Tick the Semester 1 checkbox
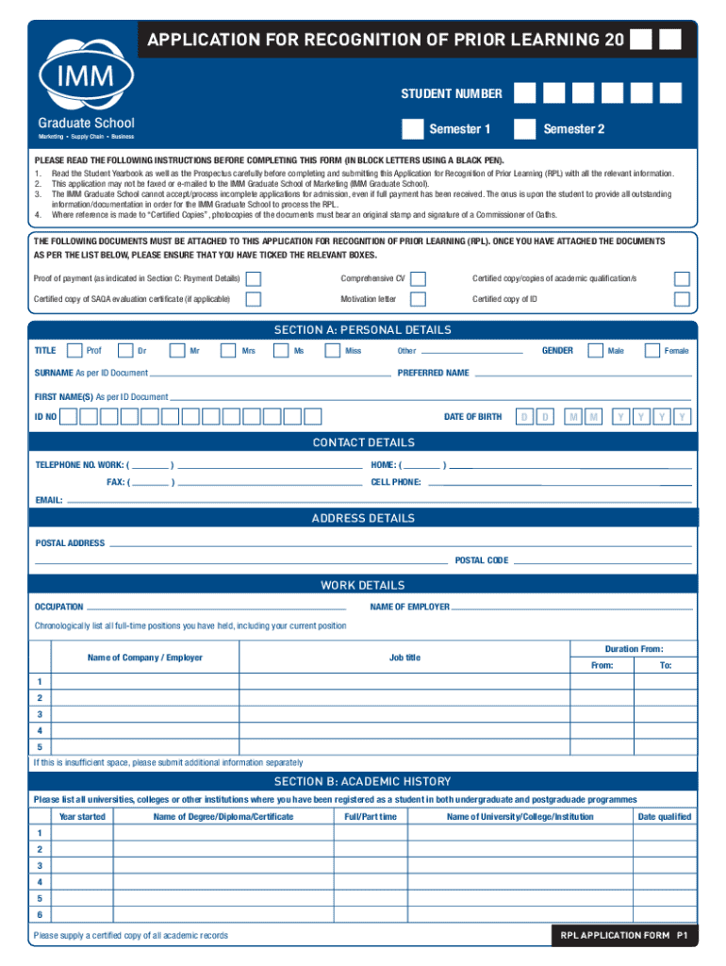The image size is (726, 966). [x=412, y=128]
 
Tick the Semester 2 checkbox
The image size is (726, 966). [x=525, y=128]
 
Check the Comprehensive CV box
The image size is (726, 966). [x=419, y=279]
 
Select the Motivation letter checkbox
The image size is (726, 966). [x=419, y=299]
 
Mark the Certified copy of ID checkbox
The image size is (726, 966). [x=682, y=299]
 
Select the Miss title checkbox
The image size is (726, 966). [x=331, y=351]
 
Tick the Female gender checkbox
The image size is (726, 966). [x=652, y=351]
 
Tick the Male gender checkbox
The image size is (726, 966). [x=595, y=351]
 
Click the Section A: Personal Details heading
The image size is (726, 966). [x=363, y=330]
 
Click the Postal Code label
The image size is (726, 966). [x=482, y=560]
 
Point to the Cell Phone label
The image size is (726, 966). [x=396, y=482]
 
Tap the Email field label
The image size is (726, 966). [x=49, y=500]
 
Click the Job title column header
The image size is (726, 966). [x=404, y=658]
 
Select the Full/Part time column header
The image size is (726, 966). [x=371, y=817]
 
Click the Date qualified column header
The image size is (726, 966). [x=664, y=817]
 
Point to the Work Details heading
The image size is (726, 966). [x=363, y=586]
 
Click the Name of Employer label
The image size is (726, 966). [x=409, y=607]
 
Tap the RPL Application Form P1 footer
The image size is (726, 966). [x=622, y=936]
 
